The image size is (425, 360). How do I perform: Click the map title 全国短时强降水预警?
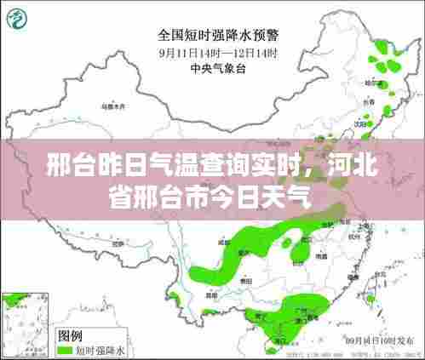point(218,35)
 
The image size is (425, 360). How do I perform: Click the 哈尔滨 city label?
point(371,83)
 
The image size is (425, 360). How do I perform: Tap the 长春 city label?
point(368,101)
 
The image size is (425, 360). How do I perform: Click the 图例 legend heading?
point(70,335)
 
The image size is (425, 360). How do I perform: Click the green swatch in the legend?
point(65,349)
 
